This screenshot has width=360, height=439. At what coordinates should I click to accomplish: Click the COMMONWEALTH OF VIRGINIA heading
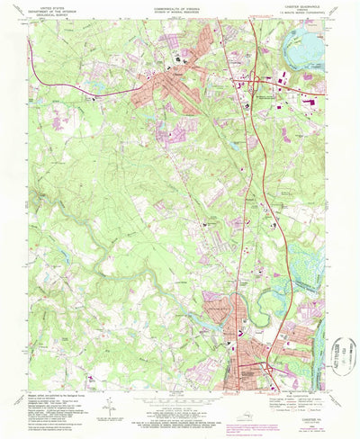(x=180, y=8)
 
